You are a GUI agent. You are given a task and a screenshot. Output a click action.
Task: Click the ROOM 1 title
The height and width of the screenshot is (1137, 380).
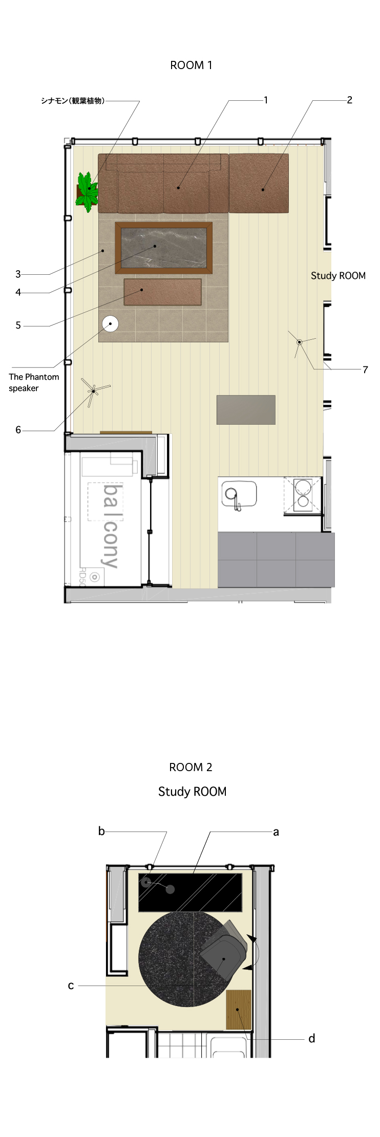coord(191,65)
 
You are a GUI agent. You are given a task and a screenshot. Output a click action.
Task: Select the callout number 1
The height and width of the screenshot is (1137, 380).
coord(266,100)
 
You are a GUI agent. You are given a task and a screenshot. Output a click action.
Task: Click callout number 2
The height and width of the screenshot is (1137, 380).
coord(349,100)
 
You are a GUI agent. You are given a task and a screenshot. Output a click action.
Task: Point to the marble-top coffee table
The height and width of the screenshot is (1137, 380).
coord(164,248)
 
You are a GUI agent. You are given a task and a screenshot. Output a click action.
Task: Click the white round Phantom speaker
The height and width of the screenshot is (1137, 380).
coord(110,323)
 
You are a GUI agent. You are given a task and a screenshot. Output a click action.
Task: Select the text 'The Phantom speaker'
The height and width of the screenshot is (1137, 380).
coord(33,382)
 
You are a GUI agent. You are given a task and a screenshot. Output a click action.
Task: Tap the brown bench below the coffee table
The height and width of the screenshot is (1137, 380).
coord(162,292)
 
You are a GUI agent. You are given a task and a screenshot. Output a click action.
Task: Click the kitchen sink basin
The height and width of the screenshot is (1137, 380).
coord(239,494)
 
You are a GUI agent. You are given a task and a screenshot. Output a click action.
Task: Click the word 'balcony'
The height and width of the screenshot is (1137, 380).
coord(111,526)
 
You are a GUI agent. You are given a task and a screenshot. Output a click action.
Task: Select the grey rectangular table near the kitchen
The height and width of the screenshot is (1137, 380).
coord(246,410)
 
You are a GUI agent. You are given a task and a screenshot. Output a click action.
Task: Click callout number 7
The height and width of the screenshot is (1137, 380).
coord(365,369)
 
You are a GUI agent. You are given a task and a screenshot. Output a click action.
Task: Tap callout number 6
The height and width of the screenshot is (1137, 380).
coord(18,430)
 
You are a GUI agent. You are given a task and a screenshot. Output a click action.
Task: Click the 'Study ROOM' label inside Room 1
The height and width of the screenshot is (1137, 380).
coord(338,276)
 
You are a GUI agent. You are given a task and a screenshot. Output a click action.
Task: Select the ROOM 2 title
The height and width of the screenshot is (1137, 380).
coord(191,767)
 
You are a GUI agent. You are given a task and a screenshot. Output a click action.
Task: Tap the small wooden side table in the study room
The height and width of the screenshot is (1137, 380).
coord(239,1009)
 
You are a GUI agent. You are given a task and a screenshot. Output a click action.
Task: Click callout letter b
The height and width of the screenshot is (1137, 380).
coord(101,832)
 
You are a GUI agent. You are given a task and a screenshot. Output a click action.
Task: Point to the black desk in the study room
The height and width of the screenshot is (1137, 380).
coord(190,892)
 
